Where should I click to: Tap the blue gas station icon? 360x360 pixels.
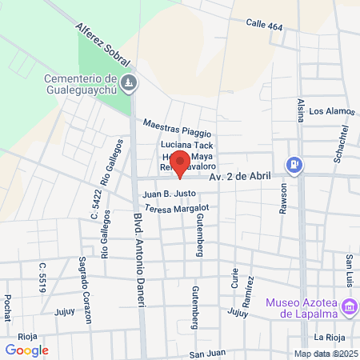point(295,165)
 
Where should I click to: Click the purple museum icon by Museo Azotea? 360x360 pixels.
point(348,307)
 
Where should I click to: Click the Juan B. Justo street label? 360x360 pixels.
point(169,194)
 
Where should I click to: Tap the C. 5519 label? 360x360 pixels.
point(42,274)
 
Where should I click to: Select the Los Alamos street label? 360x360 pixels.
point(330,111)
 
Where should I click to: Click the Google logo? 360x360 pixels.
point(27,350)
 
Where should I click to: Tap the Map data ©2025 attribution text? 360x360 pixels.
point(324,354)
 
